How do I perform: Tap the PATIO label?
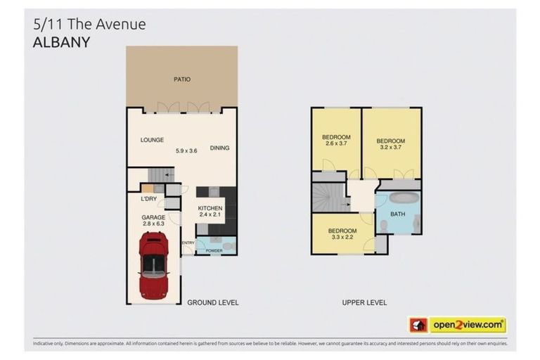[182, 79]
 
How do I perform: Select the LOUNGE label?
[152, 140]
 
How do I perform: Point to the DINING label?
[219, 148]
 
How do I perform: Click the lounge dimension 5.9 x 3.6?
[187, 150]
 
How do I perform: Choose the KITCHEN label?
[210, 209]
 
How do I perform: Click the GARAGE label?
[154, 218]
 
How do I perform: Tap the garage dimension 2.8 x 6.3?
[154, 226]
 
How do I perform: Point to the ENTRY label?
[188, 243]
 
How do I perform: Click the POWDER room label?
[214, 251]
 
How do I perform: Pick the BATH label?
[398, 214]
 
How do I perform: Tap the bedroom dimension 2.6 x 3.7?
[335, 144]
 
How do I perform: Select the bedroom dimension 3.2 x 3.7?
[390, 148]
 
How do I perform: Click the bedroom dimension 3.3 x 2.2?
[342, 238]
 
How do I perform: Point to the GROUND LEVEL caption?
[212, 302]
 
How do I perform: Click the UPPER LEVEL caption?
[364, 302]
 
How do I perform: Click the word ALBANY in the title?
[62, 41]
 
